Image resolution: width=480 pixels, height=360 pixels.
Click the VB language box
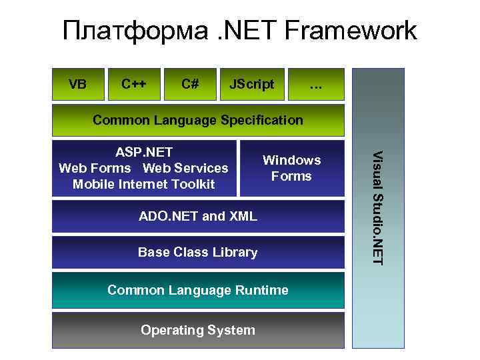(77, 84)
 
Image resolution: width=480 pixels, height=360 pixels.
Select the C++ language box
(134, 84)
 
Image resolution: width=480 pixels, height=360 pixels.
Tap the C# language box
(190, 84)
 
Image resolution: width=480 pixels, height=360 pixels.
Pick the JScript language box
(251, 84)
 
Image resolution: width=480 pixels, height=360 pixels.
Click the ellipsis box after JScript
(316, 84)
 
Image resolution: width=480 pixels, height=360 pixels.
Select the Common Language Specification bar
(198, 120)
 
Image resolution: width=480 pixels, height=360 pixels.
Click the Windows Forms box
(291, 168)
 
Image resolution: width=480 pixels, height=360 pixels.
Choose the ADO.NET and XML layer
(198, 216)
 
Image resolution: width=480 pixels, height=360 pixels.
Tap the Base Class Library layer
(198, 252)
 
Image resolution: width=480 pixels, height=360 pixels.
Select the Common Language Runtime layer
(198, 290)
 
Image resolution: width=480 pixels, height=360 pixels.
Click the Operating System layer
(198, 330)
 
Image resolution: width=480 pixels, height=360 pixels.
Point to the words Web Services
(186, 168)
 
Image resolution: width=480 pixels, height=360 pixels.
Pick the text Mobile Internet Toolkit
(144, 184)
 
